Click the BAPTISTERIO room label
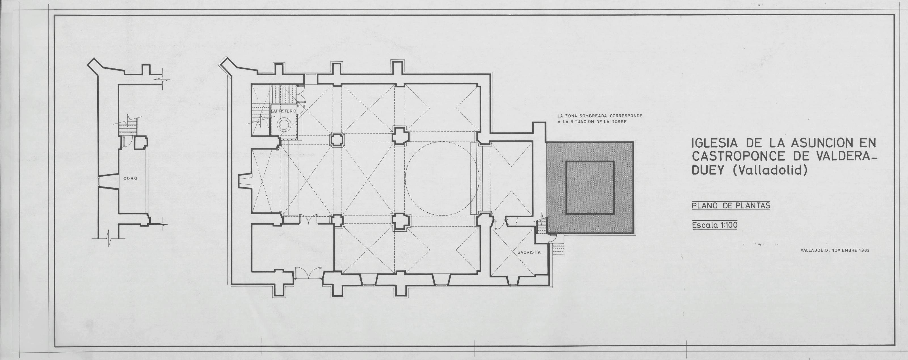(x=283, y=111)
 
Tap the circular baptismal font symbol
(x=284, y=124)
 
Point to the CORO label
(x=130, y=178)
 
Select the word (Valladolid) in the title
(x=770, y=170)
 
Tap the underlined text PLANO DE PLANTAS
(x=731, y=206)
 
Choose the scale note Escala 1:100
(x=714, y=225)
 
